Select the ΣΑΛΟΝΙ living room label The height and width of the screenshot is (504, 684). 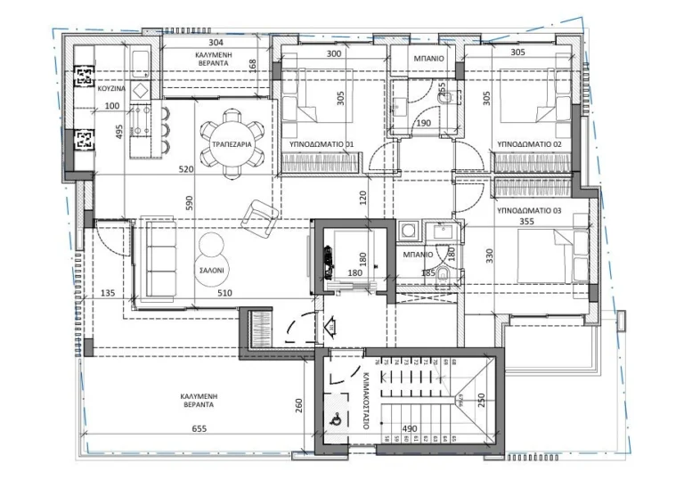click(213, 267)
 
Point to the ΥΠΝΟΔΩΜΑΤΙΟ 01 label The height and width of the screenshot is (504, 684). click(322, 143)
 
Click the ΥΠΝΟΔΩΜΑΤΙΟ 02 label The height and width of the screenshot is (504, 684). click(529, 143)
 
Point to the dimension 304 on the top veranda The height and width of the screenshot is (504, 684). click(216, 42)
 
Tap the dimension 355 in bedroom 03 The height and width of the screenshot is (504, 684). click(526, 223)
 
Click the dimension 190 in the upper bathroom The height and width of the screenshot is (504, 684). click(423, 124)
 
